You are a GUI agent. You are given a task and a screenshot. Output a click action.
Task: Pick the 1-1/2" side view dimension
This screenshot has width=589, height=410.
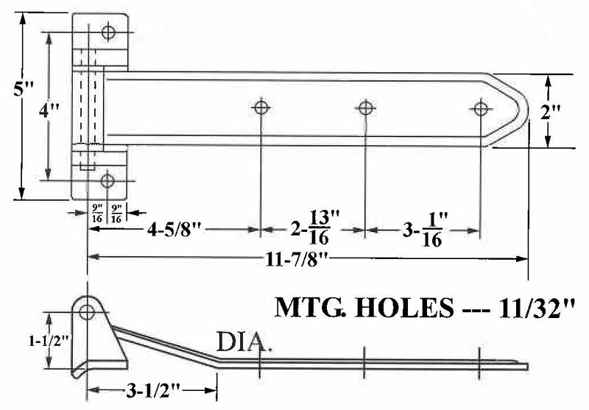(29, 341)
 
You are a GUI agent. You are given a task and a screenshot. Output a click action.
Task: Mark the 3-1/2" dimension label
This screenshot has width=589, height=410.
(148, 388)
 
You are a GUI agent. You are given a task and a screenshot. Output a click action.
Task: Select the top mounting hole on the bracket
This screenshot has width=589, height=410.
(108, 32)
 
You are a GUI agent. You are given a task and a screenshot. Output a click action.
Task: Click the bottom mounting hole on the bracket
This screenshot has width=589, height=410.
(108, 180)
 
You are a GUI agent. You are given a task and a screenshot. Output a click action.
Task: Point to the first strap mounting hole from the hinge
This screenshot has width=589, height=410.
(260, 108)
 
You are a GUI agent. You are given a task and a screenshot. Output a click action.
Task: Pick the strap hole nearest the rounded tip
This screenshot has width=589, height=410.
(480, 109)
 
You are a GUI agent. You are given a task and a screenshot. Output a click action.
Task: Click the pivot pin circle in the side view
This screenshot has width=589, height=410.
(87, 311)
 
